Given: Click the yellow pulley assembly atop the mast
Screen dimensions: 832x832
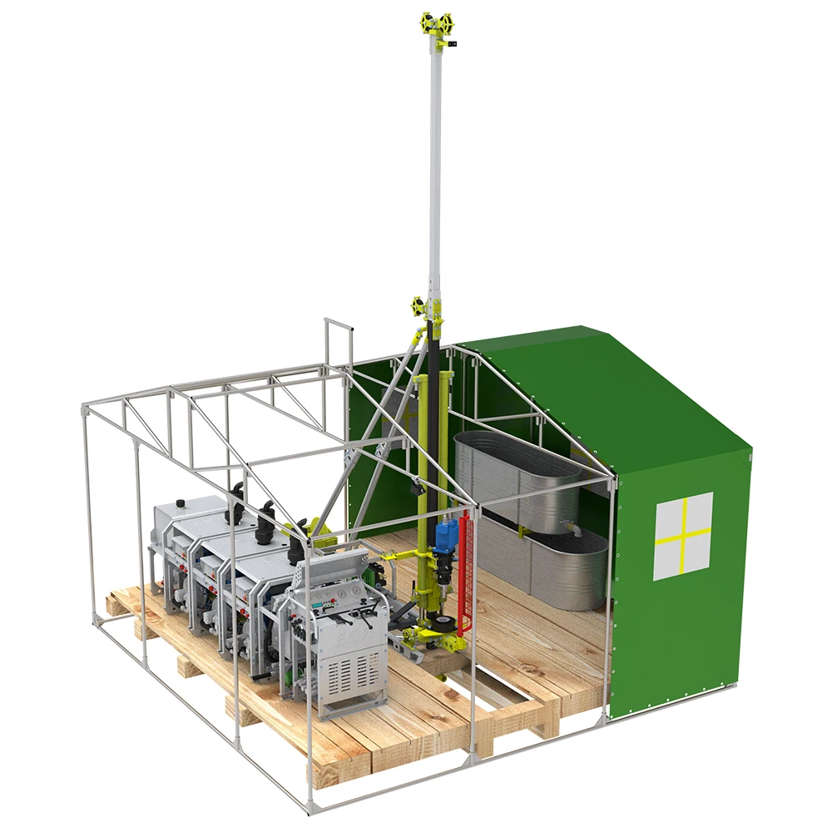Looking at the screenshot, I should coord(438,23).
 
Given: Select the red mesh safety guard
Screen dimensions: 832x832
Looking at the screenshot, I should coord(465,574).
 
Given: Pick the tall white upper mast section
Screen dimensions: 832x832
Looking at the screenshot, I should coord(435,166).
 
